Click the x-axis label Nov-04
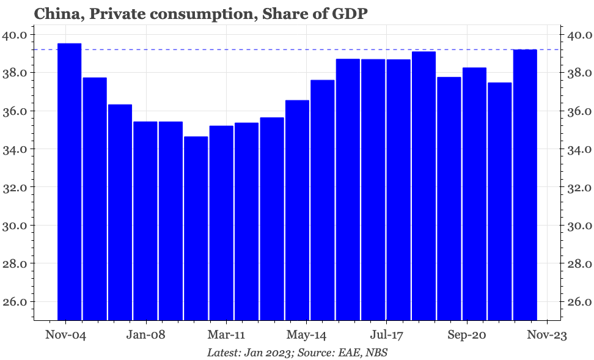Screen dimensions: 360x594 pyautogui.click(x=65, y=336)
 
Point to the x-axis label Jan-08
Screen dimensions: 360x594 pyautogui.click(x=146, y=336)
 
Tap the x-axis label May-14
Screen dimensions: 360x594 pyautogui.click(x=306, y=336)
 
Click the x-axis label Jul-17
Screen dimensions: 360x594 pyautogui.click(x=386, y=336)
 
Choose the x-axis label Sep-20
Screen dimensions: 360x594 pyautogui.click(x=466, y=336)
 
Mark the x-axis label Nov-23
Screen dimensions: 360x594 pyautogui.click(x=546, y=336)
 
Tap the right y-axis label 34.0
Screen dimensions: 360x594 pyautogui.click(x=578, y=149)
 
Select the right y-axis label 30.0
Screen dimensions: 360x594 pyautogui.click(x=578, y=226)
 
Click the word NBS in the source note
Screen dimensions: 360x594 pyautogui.click(x=376, y=353)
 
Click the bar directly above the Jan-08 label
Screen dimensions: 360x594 pyautogui.click(x=145, y=221)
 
